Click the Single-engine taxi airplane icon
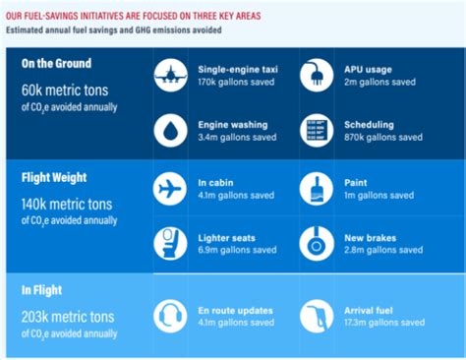170,76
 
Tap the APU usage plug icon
317,76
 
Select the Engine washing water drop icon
170,131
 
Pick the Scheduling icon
317,131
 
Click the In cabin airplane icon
170,188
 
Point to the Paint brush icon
317,188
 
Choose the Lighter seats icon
170,243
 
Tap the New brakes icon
317,243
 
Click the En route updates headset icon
170,316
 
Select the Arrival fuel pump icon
317,316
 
